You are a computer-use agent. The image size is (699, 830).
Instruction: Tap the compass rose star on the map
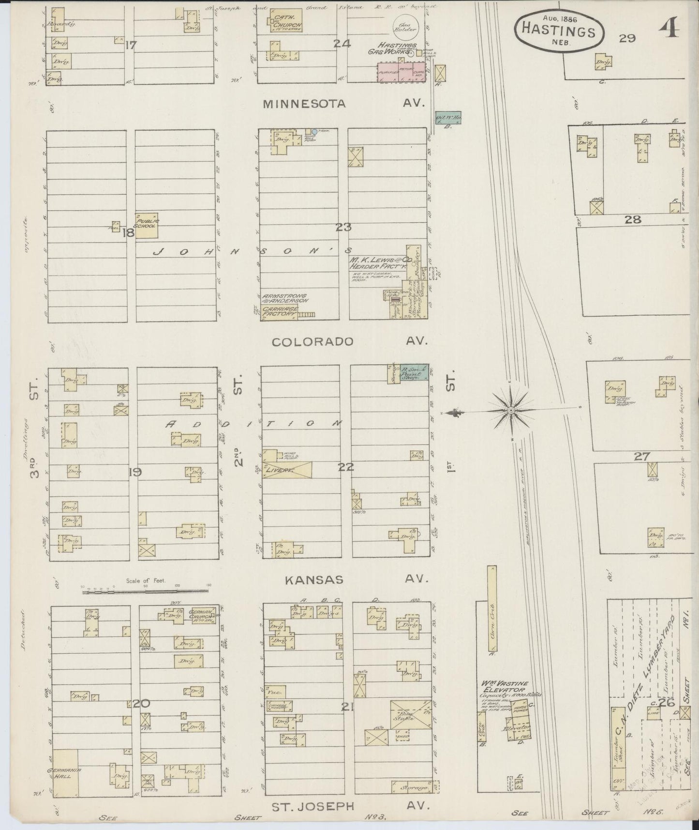510,411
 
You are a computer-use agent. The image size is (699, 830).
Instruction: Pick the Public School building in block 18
146,226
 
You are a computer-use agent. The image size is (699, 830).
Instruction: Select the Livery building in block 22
287,470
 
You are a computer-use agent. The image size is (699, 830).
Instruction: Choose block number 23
343,227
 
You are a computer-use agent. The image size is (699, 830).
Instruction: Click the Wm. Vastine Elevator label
503,687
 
